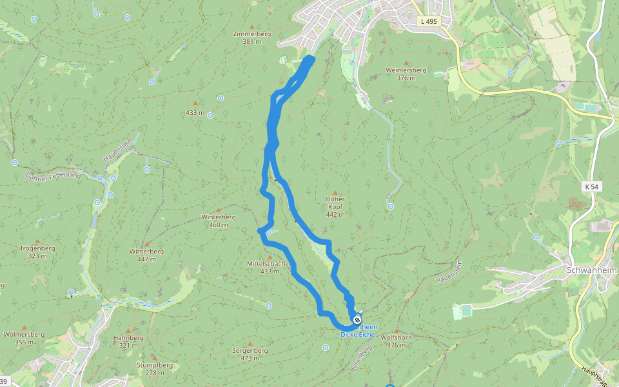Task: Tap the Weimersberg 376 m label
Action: (406, 74)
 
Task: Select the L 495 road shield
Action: (428, 21)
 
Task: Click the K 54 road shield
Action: (591, 186)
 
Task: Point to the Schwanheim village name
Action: (591, 270)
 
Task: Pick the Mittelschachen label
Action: (270, 268)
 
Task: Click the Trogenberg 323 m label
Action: (37, 252)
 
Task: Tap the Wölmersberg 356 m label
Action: (24, 338)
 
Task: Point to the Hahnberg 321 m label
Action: (128, 341)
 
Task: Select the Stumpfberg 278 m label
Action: (155, 368)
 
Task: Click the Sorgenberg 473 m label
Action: (250, 353)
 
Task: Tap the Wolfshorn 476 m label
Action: (397, 341)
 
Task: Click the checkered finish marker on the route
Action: (357, 319)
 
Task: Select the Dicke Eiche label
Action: (359, 334)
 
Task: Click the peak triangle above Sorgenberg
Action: (250, 342)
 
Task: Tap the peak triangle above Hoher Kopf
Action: (335, 192)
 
